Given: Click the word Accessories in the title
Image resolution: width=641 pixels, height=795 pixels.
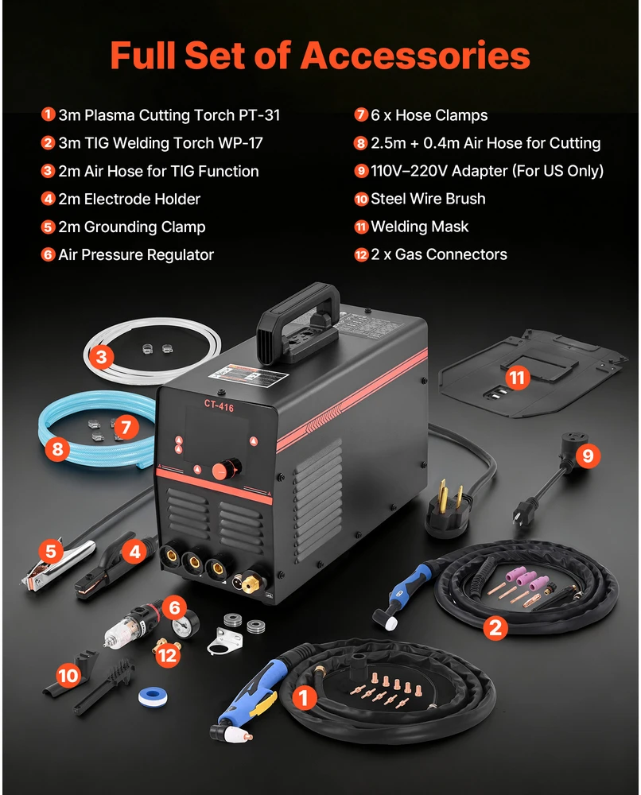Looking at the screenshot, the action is [415, 56].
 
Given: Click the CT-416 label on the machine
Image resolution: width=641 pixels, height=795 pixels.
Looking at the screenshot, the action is [219, 405].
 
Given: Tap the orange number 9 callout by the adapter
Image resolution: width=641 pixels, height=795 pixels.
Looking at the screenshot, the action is [588, 456].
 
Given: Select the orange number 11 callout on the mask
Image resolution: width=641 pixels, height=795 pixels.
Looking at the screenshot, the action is [517, 378].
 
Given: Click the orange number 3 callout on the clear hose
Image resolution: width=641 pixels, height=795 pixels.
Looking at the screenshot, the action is [102, 357].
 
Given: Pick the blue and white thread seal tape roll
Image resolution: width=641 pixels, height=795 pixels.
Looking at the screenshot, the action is [153, 696].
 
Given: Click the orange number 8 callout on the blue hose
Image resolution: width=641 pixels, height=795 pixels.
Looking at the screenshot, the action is [57, 449].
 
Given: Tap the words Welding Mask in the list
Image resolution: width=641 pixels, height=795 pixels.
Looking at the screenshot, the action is [419, 227].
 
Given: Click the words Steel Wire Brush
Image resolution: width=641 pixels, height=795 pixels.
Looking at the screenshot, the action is [428, 199].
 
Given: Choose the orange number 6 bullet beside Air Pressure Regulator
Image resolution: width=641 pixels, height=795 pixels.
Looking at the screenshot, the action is [49, 254].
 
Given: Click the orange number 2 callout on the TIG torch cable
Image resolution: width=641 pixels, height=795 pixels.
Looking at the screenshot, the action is [495, 628].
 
